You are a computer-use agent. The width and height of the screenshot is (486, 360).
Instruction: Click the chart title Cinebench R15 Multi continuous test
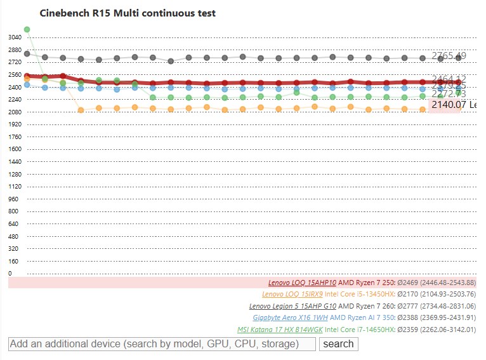128,13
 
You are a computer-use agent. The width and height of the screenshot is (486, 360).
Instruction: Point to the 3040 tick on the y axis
15,37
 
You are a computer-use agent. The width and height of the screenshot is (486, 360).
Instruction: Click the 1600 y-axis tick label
15,149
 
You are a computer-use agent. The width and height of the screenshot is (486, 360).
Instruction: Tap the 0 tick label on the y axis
10,274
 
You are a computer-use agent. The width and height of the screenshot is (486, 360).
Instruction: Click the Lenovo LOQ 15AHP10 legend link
302,283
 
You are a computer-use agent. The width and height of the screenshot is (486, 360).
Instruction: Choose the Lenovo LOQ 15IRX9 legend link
292,294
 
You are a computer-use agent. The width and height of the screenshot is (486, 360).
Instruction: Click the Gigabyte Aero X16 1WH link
290,317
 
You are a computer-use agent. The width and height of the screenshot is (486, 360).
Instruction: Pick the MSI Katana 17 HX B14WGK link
280,330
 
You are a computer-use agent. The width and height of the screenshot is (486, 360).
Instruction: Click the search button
338,344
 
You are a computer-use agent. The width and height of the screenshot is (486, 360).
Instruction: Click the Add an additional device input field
162,344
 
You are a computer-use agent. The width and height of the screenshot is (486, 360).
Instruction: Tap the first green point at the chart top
27,29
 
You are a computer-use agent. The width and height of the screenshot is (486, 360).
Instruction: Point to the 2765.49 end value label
449,56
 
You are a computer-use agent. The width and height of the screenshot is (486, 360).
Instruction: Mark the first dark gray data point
27,54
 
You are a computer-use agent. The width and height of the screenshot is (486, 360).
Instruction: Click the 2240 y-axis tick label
15,100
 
